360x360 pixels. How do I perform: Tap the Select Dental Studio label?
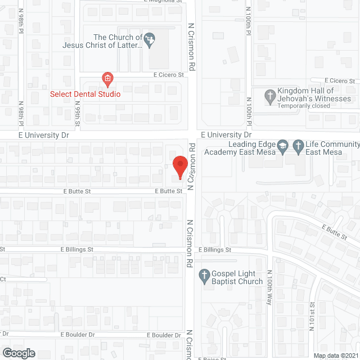click(85, 94)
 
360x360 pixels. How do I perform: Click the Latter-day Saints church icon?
click(149, 39)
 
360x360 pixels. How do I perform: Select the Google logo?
click(19, 353)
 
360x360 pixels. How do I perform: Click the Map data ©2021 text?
click(335, 355)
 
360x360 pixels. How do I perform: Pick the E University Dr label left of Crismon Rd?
click(43, 136)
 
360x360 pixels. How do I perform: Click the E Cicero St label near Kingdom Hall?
click(340, 80)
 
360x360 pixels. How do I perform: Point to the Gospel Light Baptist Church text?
click(237, 278)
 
